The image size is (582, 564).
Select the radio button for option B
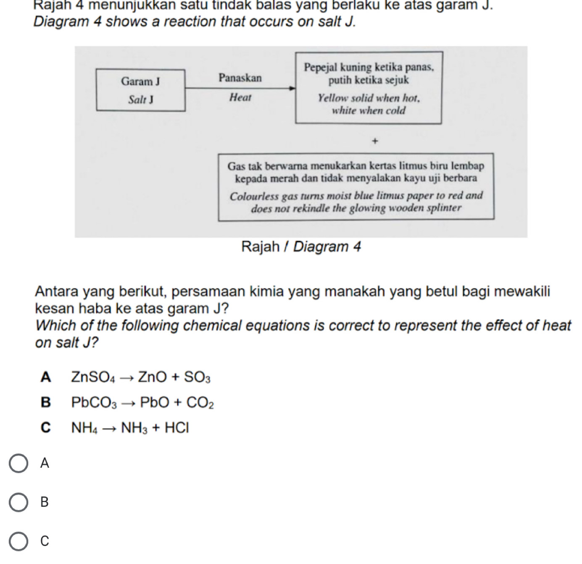(x=19, y=502)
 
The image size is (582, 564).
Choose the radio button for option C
(x=19, y=541)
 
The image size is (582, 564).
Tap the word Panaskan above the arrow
(x=240, y=78)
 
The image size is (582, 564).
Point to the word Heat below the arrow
(x=240, y=98)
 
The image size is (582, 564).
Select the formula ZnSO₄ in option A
(x=93, y=378)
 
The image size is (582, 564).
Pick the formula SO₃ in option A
(x=202, y=378)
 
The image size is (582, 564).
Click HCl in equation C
(x=177, y=428)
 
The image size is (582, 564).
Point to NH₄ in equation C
(x=84, y=428)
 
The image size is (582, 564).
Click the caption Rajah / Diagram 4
(x=301, y=247)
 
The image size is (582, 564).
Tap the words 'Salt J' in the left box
(x=140, y=100)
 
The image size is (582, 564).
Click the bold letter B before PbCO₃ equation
(x=45, y=402)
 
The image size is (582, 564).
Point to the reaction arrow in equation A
(x=126, y=378)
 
